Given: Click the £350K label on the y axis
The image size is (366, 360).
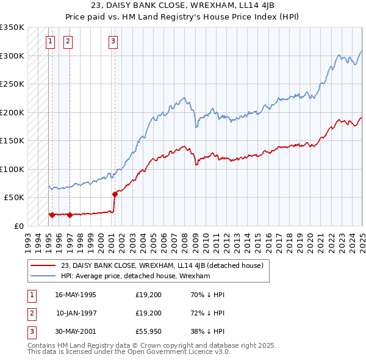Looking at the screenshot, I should [x=12, y=27].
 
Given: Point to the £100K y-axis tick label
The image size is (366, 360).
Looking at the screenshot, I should [x=12, y=169].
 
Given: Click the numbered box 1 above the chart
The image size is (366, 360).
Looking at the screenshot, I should [x=49, y=41].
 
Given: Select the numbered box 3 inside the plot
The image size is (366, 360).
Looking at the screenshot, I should [x=113, y=41].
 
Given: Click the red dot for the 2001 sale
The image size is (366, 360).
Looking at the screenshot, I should [x=115, y=194].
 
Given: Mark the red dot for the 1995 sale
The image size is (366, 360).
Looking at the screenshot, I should [x=52, y=215].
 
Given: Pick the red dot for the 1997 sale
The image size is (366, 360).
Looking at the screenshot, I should [x=70, y=215].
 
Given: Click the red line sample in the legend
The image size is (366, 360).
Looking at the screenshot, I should [x=43, y=265].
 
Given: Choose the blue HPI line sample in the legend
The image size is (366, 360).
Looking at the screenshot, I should [x=43, y=276].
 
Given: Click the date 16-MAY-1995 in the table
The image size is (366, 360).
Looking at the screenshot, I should [x=75, y=295].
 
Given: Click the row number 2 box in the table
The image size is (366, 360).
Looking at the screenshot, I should [x=31, y=314].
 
